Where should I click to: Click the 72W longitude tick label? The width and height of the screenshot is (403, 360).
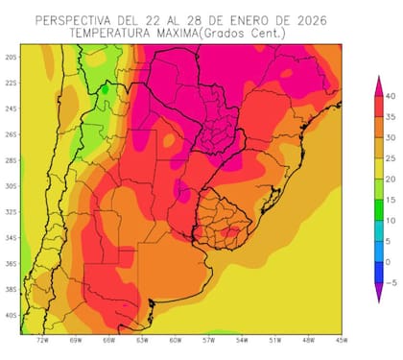coord(42,340)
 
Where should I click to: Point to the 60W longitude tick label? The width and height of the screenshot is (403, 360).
coord(176,340)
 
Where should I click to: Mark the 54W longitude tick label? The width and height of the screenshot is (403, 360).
coord(242,340)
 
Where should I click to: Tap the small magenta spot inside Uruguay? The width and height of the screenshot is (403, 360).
coord(229,231)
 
